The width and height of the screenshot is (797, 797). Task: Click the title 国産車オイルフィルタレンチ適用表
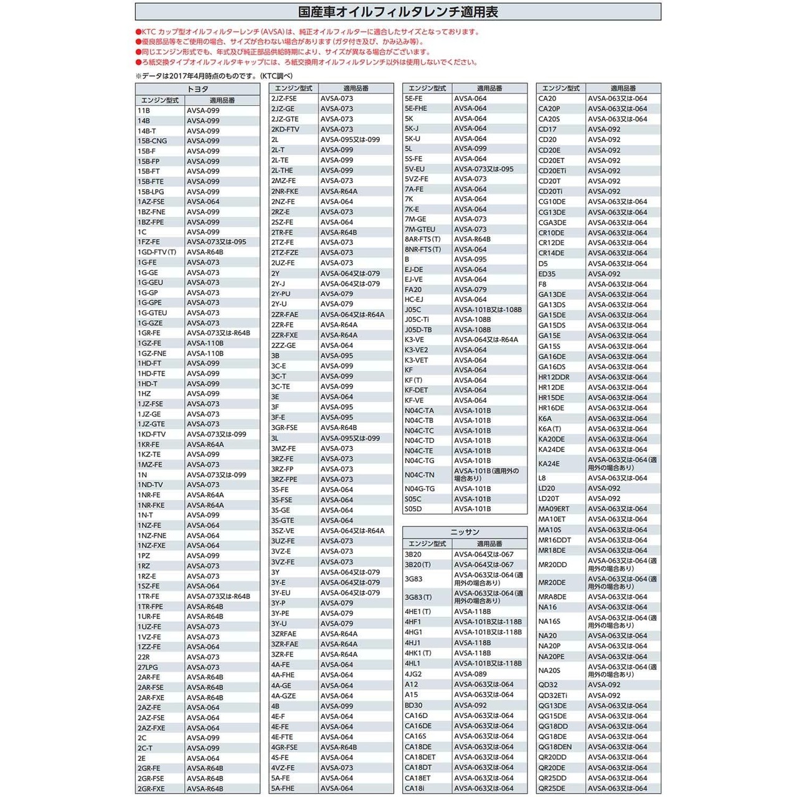coord(398,12)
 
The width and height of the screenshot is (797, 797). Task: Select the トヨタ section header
coord(197,89)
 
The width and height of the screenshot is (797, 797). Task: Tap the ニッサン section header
coord(465,532)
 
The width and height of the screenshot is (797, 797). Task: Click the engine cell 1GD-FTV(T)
coord(157,252)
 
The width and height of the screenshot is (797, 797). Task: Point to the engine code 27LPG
coord(148,667)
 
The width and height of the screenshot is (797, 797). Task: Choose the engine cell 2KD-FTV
coord(285,130)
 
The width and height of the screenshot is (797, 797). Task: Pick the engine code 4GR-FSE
coord(285,747)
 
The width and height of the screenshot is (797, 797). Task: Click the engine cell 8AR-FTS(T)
coord(422,239)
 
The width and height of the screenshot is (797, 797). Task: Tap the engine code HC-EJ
coord(414,299)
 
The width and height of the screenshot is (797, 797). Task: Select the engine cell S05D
coord(413,509)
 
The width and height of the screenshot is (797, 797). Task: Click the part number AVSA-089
coord(470,674)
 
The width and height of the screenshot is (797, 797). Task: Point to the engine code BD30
coord(413,705)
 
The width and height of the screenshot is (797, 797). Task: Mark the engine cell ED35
coord(547,274)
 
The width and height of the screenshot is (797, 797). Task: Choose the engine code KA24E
coord(549,464)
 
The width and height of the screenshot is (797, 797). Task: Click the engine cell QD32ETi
coord(553,696)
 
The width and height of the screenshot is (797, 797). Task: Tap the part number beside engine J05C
coord(488,309)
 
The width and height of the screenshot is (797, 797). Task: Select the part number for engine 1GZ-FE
coord(205,343)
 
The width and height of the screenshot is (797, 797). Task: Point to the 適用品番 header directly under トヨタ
coord(222,100)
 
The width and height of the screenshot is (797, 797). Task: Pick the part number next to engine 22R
coord(203,657)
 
